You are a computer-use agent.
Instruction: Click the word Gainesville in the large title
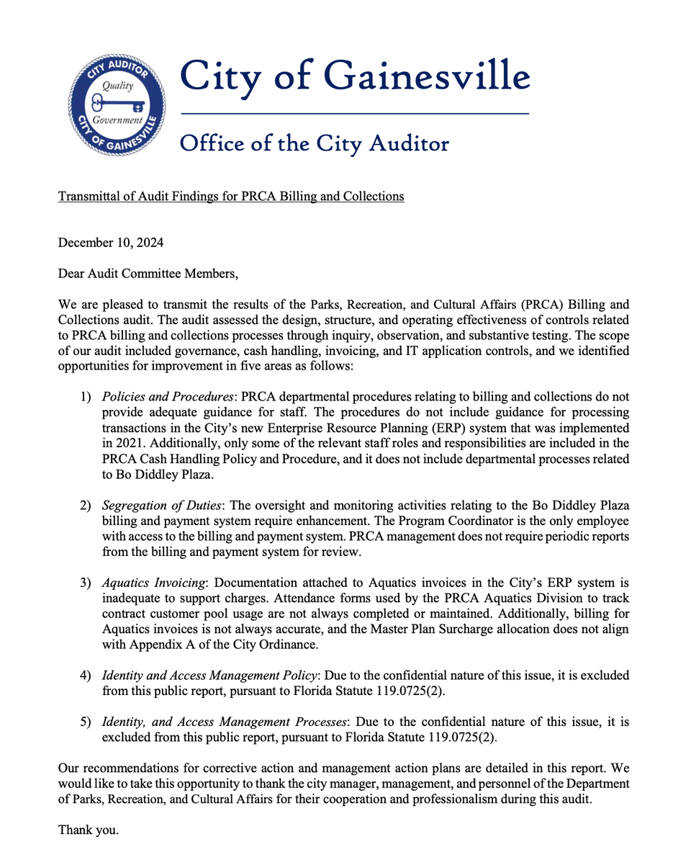click(x=427, y=75)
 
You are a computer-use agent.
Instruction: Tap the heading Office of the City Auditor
click(x=314, y=143)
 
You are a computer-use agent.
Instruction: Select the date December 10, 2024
click(x=110, y=243)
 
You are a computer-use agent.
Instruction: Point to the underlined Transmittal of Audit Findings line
click(x=230, y=195)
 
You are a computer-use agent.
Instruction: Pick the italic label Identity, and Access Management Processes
click(x=225, y=722)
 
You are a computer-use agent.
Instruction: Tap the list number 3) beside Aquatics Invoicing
click(x=86, y=582)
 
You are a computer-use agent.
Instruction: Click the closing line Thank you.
click(x=88, y=830)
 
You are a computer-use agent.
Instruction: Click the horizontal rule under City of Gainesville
click(x=354, y=114)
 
